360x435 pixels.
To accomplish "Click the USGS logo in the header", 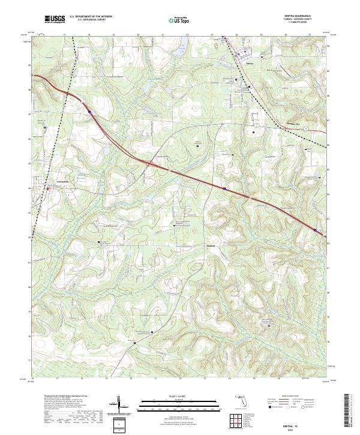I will (x=55, y=19).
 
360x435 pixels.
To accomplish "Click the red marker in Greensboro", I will (x=47, y=188).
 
